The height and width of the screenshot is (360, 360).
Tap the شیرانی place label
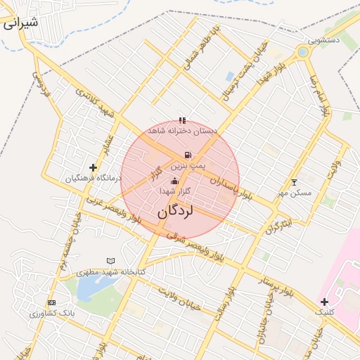point(20,22)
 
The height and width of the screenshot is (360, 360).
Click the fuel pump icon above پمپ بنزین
point(187,155)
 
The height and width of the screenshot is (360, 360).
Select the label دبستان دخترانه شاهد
point(182,131)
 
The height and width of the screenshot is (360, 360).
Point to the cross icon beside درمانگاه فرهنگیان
point(93,167)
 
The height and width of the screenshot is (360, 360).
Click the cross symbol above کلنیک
point(324,302)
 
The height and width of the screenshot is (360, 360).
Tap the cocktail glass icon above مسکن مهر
point(294,182)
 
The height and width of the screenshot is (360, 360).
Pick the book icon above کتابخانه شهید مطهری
point(110,261)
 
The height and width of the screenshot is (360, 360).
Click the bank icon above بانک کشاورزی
point(51,302)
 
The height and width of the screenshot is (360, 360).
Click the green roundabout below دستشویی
point(303,52)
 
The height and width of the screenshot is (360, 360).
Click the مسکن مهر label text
point(293,192)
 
